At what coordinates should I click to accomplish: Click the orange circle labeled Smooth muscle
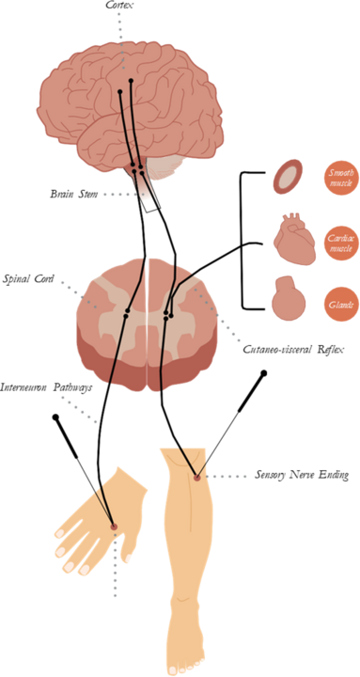339,178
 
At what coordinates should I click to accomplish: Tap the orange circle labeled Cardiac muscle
339,243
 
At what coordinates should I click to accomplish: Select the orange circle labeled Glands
339,305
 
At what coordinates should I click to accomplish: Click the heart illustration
290,239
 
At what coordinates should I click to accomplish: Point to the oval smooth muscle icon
288,176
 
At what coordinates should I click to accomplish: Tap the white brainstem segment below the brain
149,195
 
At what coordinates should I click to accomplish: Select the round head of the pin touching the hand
55,415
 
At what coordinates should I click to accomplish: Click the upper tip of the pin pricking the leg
264,373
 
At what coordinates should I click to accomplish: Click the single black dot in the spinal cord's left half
127,309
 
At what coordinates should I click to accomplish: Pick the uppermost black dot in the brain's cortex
131,81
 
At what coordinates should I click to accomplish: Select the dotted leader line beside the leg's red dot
227,477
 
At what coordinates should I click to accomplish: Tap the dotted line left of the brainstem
117,194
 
